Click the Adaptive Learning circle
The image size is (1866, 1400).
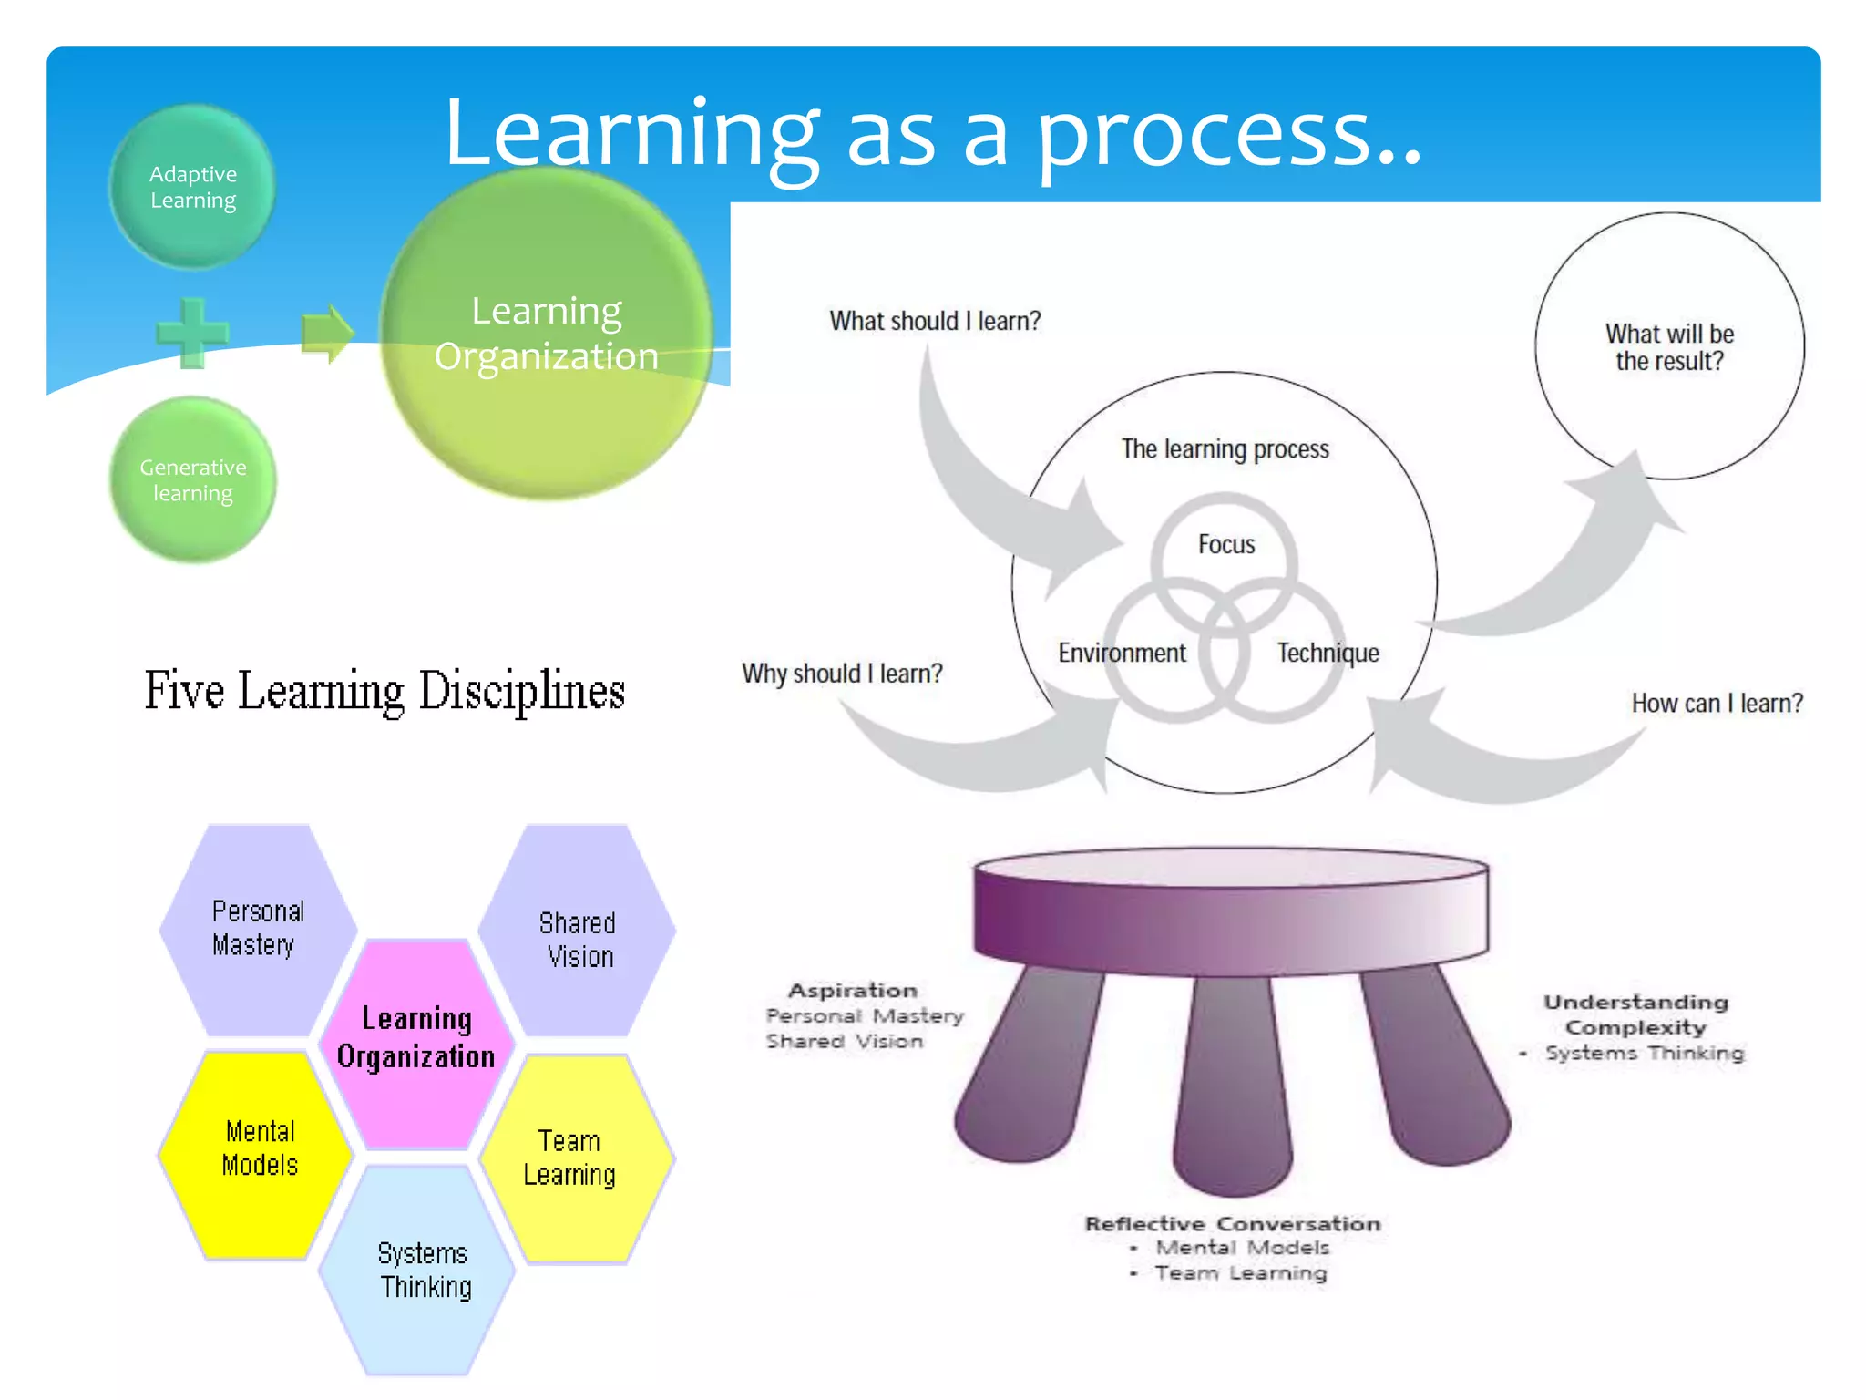(x=192, y=187)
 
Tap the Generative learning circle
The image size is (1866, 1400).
(x=192, y=479)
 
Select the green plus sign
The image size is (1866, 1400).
(x=192, y=333)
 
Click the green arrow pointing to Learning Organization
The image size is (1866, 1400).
(x=326, y=333)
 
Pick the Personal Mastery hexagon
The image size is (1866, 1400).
(x=258, y=929)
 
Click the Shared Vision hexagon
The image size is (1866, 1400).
(x=578, y=939)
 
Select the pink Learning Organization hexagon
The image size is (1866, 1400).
(x=416, y=1038)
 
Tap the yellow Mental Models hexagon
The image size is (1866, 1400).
(x=259, y=1149)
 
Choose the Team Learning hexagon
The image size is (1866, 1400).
(x=571, y=1158)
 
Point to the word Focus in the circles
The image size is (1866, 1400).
(x=1225, y=545)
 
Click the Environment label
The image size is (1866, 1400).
(x=1122, y=653)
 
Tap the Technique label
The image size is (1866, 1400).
(x=1328, y=653)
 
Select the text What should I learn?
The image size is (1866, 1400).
(x=934, y=321)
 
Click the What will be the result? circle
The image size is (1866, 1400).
(x=1668, y=347)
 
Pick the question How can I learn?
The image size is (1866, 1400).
(x=1717, y=703)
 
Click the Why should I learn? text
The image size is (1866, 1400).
(x=841, y=674)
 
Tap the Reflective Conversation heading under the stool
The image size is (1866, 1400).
(x=1232, y=1224)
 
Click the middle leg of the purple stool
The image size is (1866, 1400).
(x=1233, y=1085)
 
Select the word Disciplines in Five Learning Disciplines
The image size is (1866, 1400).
(x=521, y=691)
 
